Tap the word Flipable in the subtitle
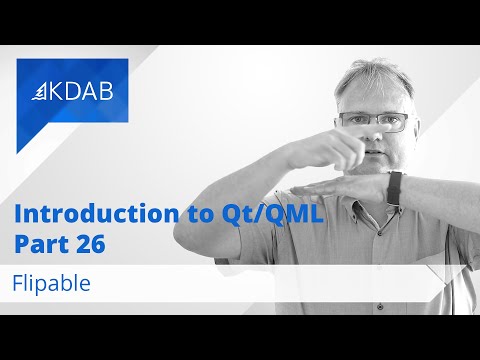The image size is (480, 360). tap(52, 283)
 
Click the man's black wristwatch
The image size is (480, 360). tap(394, 187)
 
